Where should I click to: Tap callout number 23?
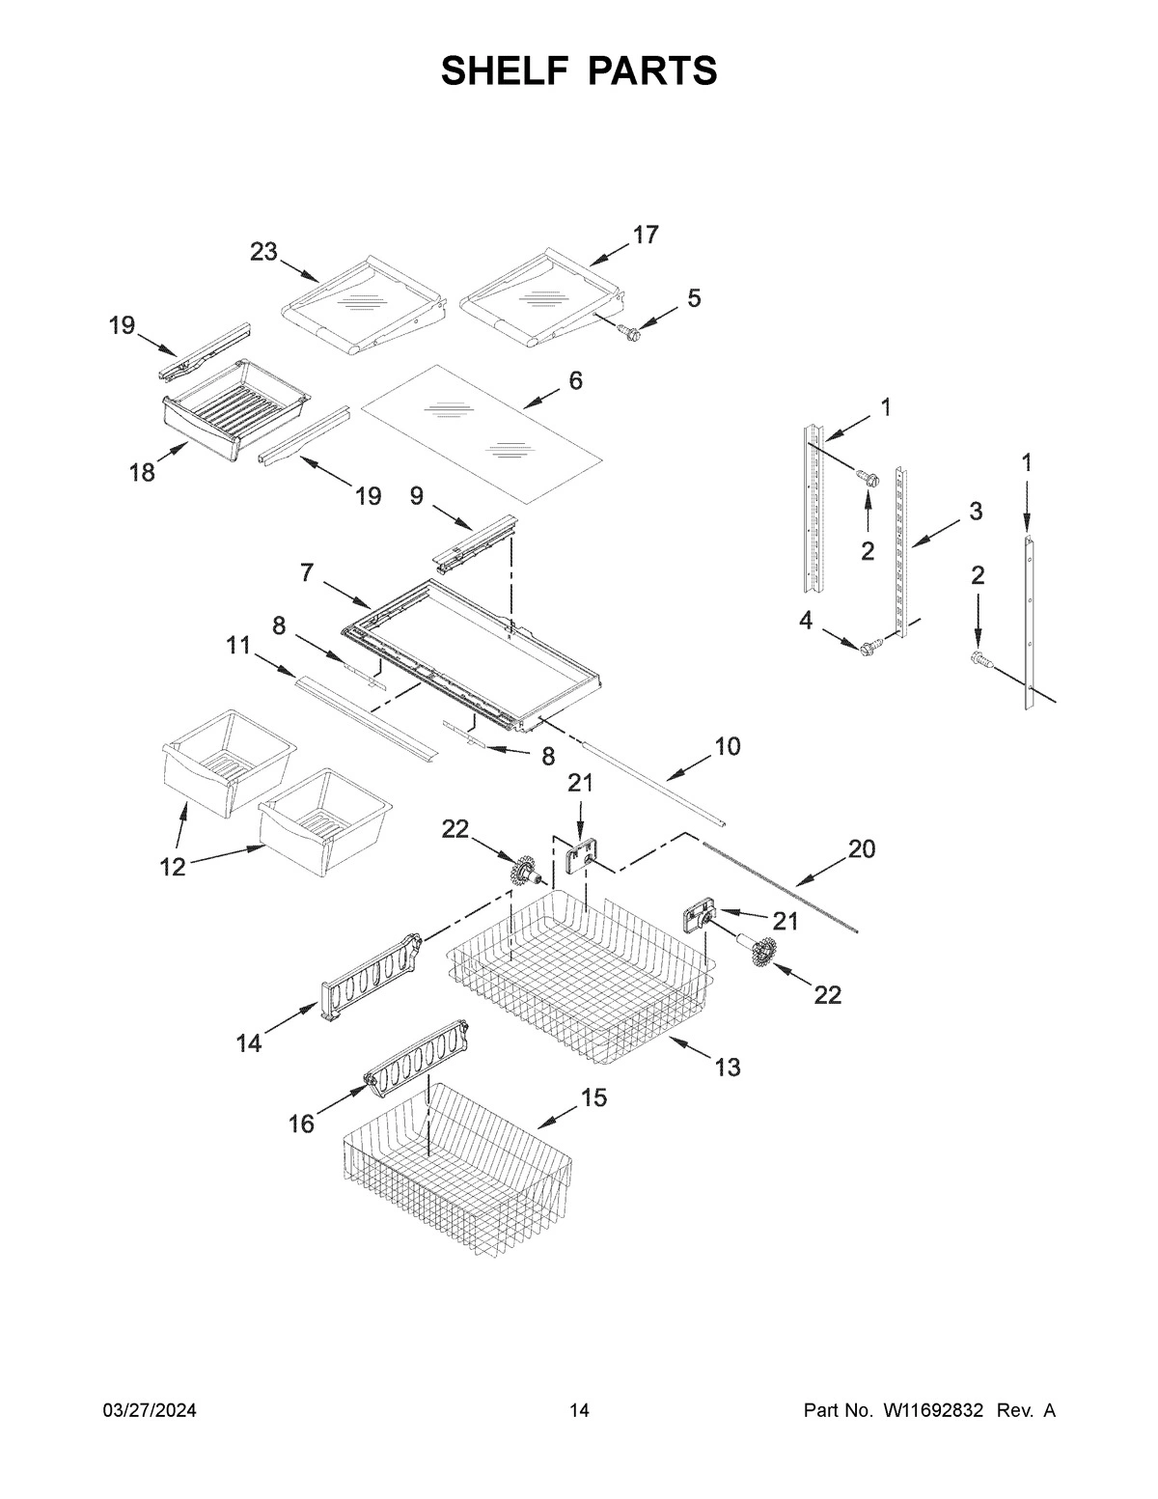(263, 252)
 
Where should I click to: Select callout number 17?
(645, 235)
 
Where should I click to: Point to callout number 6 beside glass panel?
(575, 380)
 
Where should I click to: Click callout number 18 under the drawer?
(142, 474)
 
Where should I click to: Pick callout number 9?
(417, 495)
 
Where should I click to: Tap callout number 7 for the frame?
(306, 572)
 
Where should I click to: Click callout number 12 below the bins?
(172, 867)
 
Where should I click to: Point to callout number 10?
(728, 746)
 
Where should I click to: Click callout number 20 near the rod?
(861, 848)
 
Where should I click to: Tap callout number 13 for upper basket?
(728, 1067)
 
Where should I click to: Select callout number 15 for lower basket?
(593, 1097)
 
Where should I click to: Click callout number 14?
(249, 1043)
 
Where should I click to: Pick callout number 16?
(302, 1124)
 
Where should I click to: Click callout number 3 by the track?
(976, 512)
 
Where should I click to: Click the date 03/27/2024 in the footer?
(150, 1411)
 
